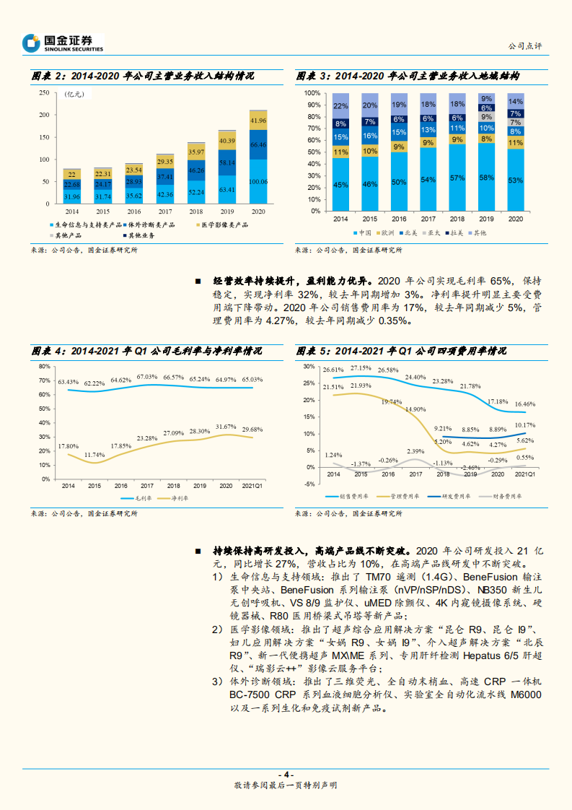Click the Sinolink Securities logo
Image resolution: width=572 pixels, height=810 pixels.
[62, 43]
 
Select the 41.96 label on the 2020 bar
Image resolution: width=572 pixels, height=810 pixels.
[258, 120]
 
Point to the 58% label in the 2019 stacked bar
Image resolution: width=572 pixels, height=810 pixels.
[486, 178]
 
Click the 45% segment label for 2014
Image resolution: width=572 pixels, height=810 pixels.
[340, 185]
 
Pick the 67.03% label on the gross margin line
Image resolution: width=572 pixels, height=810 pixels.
[146, 377]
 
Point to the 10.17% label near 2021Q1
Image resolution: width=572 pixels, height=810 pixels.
[525, 425]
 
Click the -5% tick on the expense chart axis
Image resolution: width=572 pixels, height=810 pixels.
[309, 484]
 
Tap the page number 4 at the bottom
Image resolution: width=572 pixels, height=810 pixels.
[286, 774]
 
